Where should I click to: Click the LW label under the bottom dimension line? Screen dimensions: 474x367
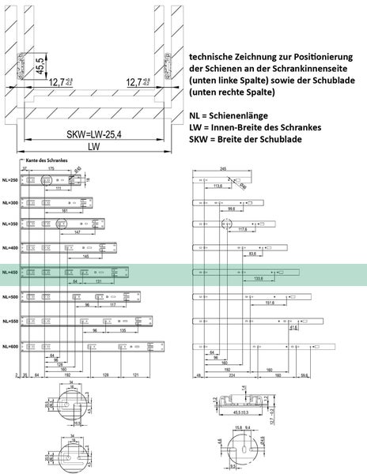point(94,147)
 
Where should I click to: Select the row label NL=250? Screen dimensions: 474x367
point(10,181)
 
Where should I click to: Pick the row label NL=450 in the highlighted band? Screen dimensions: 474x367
point(10,273)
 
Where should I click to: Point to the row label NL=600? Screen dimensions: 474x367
point(10,347)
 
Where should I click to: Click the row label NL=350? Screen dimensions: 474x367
point(10,225)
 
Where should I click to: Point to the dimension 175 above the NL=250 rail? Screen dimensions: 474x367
point(51,168)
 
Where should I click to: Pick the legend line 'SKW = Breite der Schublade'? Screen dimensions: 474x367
point(254,138)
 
